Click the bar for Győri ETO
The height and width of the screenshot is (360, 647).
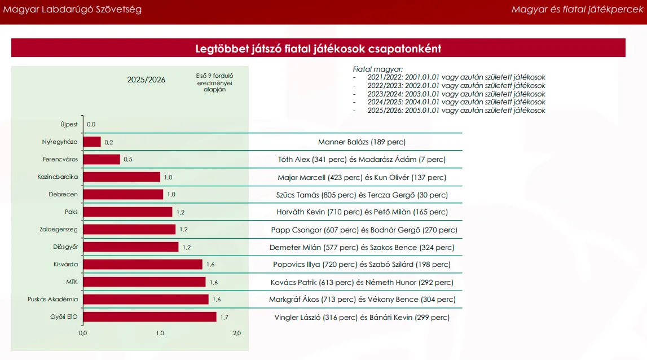[x=149, y=317]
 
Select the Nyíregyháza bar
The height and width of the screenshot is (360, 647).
[x=92, y=142]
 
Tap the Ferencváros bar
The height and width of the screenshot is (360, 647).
[x=102, y=159]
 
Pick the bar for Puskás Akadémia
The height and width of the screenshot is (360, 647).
[x=146, y=300]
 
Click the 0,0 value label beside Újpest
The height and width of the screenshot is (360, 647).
[x=91, y=124]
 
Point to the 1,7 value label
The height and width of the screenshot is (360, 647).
[x=224, y=317]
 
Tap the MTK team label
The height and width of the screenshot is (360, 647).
[x=72, y=282]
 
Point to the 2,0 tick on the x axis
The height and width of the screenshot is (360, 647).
[x=237, y=333]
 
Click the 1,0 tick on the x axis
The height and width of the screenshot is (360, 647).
[x=160, y=333]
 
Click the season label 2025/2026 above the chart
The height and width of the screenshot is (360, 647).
[x=146, y=80]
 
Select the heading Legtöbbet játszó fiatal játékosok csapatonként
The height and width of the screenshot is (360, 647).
[x=318, y=49]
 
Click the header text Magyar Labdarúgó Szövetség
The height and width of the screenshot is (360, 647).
[x=73, y=10]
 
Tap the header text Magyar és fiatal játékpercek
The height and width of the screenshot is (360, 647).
[x=577, y=10]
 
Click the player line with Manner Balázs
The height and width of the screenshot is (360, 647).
[x=362, y=142]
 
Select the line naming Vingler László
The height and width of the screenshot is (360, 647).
[x=362, y=318]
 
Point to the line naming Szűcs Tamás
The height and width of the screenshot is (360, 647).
[x=362, y=195]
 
